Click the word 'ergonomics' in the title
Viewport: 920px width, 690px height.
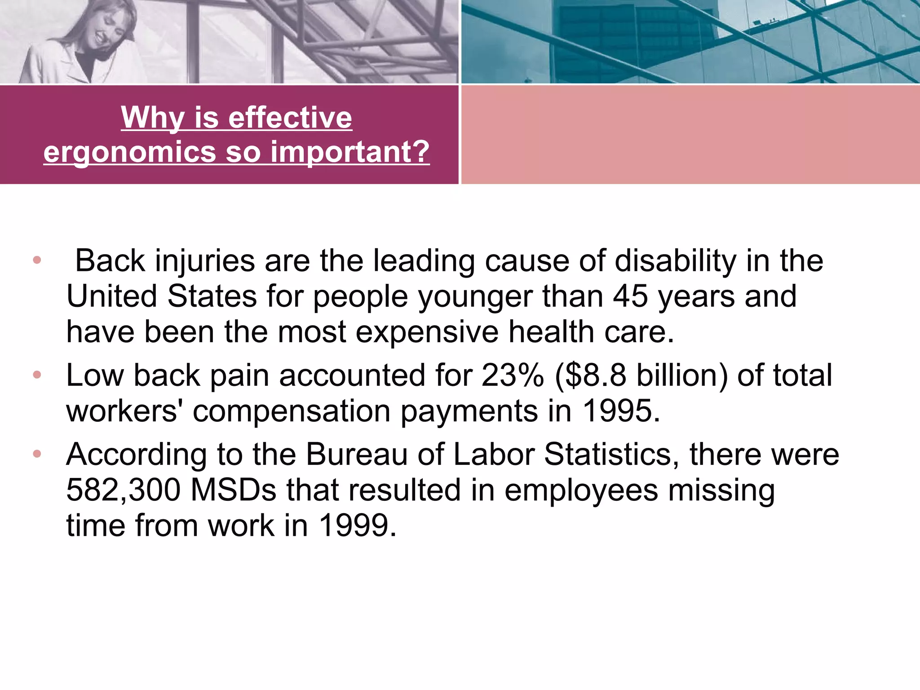coord(130,153)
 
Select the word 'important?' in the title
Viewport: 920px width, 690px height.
coord(350,153)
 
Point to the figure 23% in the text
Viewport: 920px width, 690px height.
coord(513,376)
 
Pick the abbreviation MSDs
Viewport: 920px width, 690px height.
coord(234,490)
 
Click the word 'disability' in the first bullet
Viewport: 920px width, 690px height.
coord(675,261)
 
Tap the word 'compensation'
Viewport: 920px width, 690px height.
coord(292,411)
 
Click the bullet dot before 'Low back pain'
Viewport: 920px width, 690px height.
coord(37,374)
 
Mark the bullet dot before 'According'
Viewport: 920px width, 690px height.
coord(37,454)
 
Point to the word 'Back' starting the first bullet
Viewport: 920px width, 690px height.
coord(110,261)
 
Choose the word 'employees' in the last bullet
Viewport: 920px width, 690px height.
coord(581,491)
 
